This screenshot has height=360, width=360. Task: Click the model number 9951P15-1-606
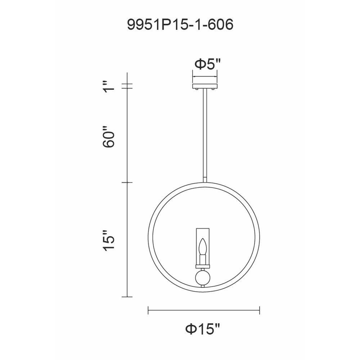pyautogui.click(x=180, y=24)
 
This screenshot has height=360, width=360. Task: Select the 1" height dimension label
pyautogui.click(x=109, y=86)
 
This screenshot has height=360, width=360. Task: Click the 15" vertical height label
pyautogui.click(x=109, y=240)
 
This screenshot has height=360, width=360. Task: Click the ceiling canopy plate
pyautogui.click(x=205, y=86)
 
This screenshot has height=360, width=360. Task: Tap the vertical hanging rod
pyautogui.click(x=205, y=135)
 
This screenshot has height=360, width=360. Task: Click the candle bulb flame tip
pyautogui.click(x=202, y=239)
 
